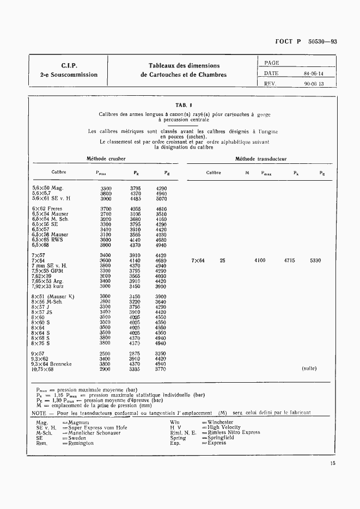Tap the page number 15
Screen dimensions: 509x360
332,464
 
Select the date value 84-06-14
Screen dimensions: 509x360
313,73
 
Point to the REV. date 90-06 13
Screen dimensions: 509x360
313,84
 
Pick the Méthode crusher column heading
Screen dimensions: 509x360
106,159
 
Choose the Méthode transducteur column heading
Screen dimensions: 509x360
260,159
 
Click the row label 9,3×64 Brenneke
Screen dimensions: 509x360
52,364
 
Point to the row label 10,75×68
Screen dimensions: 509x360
44,369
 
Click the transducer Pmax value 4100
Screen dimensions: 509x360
260,261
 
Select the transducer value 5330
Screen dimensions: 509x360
315,261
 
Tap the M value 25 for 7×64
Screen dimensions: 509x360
222,261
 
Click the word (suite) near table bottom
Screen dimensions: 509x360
309,369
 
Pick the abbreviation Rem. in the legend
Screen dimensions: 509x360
41,443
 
